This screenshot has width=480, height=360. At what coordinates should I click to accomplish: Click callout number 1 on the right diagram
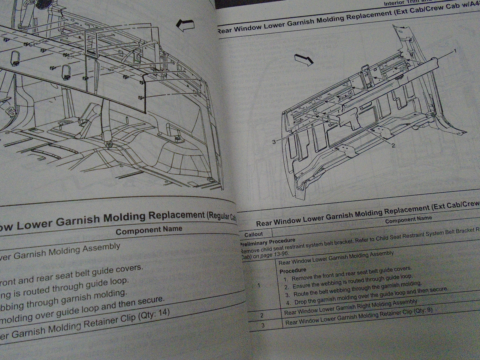(454, 51)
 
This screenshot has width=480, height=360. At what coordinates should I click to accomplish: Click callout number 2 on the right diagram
(393, 145)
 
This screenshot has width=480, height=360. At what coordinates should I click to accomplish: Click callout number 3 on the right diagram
(274, 142)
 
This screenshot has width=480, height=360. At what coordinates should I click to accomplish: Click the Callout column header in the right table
(254, 234)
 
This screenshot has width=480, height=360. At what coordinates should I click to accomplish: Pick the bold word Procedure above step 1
(293, 271)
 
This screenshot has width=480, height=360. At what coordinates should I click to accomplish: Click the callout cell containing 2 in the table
(262, 315)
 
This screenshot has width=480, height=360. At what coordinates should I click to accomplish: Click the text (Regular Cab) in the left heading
(221, 216)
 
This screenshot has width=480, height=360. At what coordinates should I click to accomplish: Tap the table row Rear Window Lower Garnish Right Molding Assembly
(350, 307)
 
